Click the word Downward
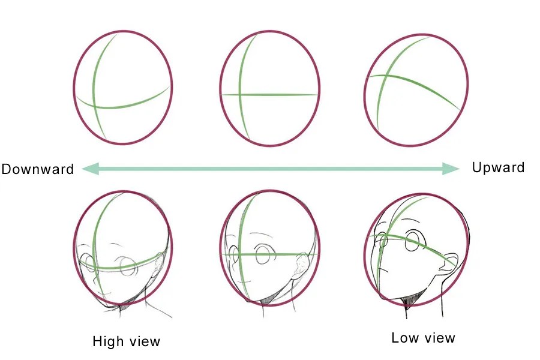pos(37,169)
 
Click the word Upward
pos(498,167)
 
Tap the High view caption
pos(127,342)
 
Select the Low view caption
pos(423,338)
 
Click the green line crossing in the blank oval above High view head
pos(94,107)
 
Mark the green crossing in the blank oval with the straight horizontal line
pos(239,94)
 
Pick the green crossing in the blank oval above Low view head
pos(385,76)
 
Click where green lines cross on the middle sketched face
pos(239,254)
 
